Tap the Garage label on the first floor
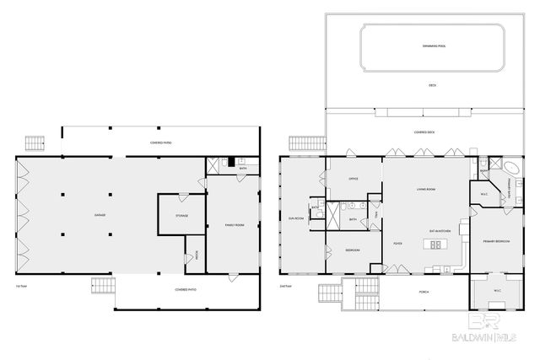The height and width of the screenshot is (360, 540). coord(100,217)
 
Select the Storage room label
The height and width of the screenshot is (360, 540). coord(181,217)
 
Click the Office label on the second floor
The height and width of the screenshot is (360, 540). coord(354,179)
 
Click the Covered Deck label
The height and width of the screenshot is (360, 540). coord(424,132)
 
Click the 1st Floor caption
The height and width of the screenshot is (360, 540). coord(20,286)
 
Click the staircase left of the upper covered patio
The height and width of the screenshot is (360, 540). coord(35,140)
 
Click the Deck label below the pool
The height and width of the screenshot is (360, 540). coord(432,85)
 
